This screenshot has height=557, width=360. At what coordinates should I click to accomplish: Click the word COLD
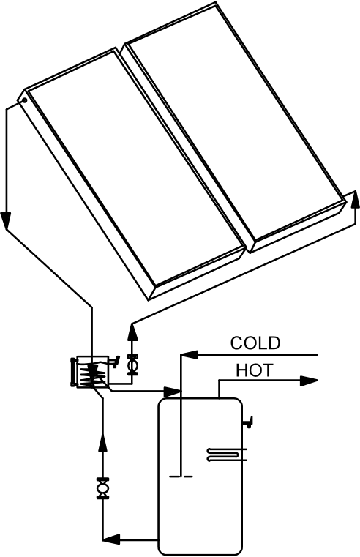click(255, 343)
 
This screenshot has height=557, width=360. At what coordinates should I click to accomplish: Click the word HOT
click(255, 370)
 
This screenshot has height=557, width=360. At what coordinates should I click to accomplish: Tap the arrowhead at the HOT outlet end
click(309, 381)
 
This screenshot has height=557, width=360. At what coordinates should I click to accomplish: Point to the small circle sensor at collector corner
click(24, 100)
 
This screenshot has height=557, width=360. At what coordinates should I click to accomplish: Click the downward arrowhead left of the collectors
click(6, 221)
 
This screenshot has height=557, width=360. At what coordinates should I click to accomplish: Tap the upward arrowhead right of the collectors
click(355, 200)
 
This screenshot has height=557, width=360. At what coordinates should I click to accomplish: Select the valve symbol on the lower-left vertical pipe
click(103, 488)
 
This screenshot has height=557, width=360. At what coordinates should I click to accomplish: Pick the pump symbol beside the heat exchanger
click(132, 365)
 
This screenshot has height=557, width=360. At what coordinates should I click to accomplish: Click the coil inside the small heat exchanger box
click(92, 375)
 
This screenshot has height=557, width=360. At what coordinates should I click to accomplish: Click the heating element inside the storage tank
click(226, 455)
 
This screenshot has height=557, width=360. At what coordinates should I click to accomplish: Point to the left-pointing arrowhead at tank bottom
click(111, 539)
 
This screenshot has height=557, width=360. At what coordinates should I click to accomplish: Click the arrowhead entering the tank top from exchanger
click(172, 392)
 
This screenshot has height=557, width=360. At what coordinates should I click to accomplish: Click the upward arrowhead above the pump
click(132, 332)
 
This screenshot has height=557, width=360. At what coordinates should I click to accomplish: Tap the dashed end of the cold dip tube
click(181, 476)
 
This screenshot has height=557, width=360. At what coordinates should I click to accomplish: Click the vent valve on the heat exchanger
click(113, 362)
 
